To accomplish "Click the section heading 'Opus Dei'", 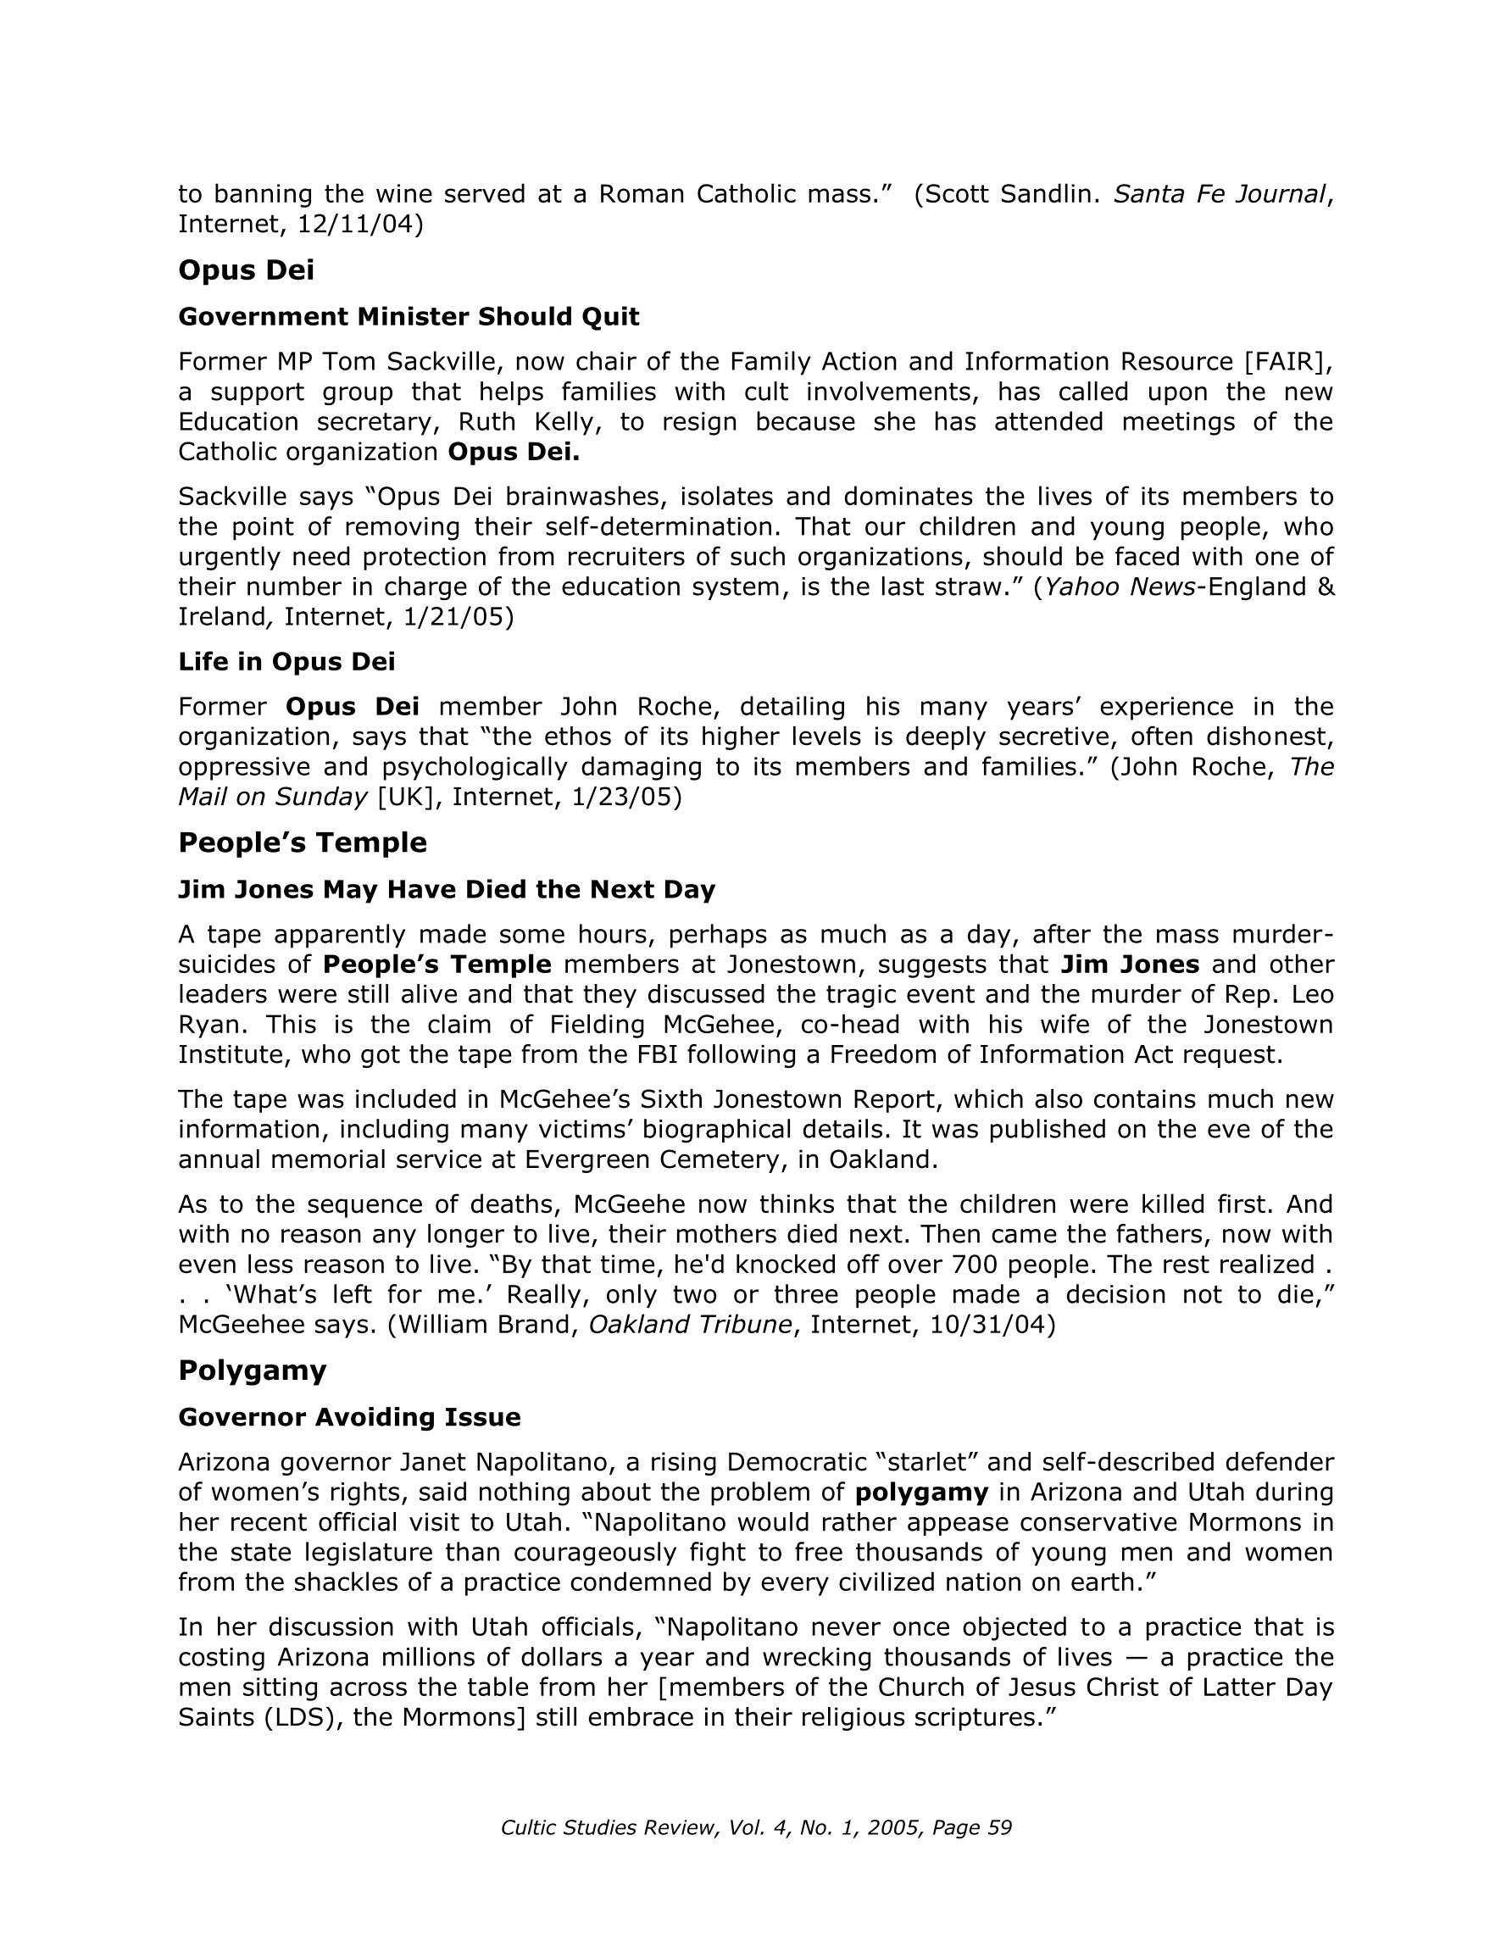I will click(247, 270).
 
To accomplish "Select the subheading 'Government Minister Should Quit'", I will click(409, 317).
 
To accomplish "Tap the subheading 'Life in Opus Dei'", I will click(286, 662).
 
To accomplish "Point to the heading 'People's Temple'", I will click(302, 843).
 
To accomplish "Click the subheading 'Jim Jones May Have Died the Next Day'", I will click(447, 890).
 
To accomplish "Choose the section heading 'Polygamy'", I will click(252, 1371).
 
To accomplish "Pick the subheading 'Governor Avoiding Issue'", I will click(349, 1418).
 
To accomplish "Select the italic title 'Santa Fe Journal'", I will click(1219, 194).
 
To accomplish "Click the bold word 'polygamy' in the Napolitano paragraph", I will click(921, 1493).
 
